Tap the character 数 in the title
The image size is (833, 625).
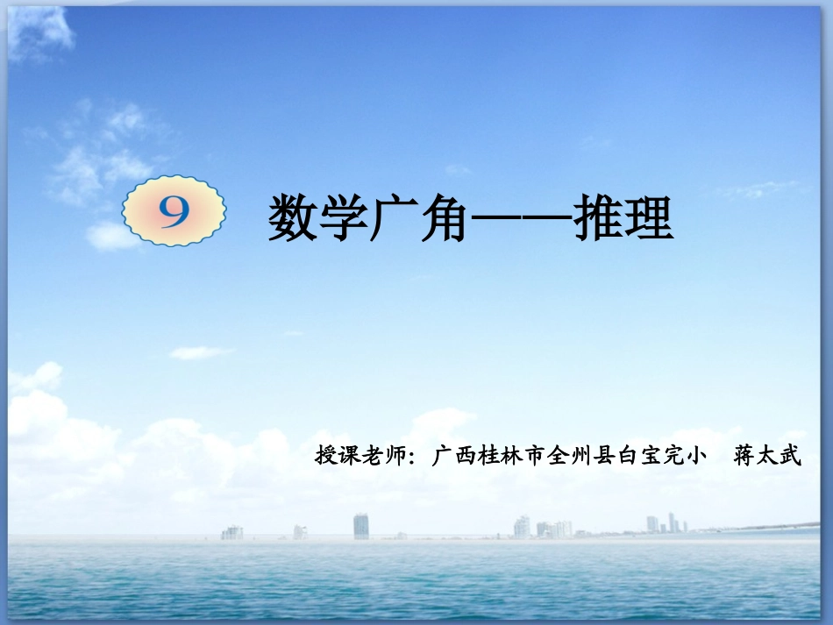[293, 219]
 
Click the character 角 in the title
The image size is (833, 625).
[442, 219]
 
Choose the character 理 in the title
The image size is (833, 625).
[648, 219]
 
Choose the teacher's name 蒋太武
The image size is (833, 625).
[768, 456]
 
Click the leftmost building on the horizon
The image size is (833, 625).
[232, 532]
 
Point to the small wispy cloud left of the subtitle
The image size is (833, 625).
[201, 352]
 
